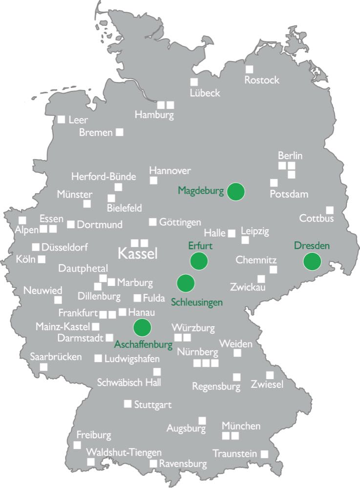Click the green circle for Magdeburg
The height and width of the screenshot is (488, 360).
pyautogui.click(x=236, y=191)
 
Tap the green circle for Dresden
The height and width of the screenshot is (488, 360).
pyautogui.click(x=312, y=262)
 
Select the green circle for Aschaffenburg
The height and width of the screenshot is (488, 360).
pyautogui.click(x=143, y=327)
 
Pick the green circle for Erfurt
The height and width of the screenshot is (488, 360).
pyautogui.click(x=199, y=261)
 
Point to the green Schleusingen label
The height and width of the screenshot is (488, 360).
pyautogui.click(x=197, y=302)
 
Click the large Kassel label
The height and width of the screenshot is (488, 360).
pyautogui.click(x=138, y=254)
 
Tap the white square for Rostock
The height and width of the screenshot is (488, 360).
pyautogui.click(x=250, y=69)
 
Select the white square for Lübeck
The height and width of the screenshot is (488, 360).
pyautogui.click(x=194, y=81)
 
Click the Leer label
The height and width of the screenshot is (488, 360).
pyautogui.click(x=78, y=120)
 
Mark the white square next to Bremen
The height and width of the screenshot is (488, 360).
pyautogui.click(x=119, y=132)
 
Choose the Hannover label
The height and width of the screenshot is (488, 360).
pyautogui.click(x=170, y=171)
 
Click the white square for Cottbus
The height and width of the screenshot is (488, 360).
pyautogui.click(x=330, y=210)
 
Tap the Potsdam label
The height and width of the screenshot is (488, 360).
pyautogui.click(x=289, y=194)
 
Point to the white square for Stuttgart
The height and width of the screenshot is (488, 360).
pyautogui.click(x=127, y=404)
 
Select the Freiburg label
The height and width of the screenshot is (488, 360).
pyautogui.click(x=94, y=434)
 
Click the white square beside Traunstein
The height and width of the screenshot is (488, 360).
pyautogui.click(x=264, y=453)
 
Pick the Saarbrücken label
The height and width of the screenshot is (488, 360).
pyautogui.click(x=56, y=356)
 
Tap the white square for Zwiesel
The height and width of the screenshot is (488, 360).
pyautogui.click(x=270, y=375)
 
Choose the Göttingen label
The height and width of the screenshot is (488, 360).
pyautogui.click(x=180, y=222)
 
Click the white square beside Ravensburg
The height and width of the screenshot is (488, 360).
pyautogui.click(x=153, y=463)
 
